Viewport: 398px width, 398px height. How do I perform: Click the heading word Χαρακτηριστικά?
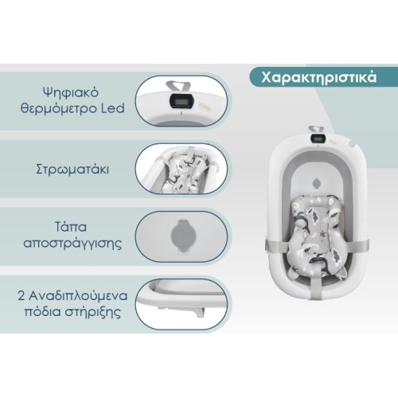(x=318, y=78)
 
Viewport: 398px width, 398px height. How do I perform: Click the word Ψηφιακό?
(x=71, y=93)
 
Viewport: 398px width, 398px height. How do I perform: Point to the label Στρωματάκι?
(x=72, y=170)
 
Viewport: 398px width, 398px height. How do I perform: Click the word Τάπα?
(x=71, y=228)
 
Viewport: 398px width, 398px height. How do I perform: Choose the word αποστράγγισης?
(x=72, y=244)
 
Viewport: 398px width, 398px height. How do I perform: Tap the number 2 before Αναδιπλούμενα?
(x=21, y=296)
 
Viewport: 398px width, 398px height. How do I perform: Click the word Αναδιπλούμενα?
(x=78, y=296)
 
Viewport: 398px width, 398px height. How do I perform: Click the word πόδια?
(x=42, y=312)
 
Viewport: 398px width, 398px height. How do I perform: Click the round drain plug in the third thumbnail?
(x=181, y=236)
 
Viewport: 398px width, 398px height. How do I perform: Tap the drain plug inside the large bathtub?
(x=318, y=183)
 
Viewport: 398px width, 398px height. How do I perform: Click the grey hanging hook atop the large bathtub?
(x=316, y=130)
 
